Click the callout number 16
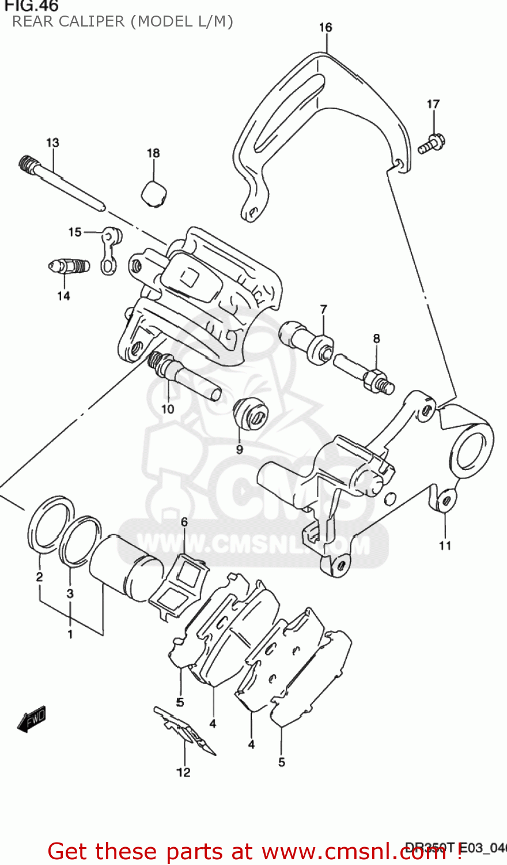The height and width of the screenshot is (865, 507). [x=326, y=27]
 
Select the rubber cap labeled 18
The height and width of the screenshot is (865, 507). [x=154, y=193]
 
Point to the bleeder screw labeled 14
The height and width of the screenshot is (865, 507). [x=68, y=266]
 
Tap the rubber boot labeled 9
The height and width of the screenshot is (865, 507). [x=249, y=412]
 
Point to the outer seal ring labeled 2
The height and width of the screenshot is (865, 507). [x=50, y=522]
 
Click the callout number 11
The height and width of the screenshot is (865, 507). [x=445, y=545]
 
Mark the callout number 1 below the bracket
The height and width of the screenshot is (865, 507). [x=70, y=634]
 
